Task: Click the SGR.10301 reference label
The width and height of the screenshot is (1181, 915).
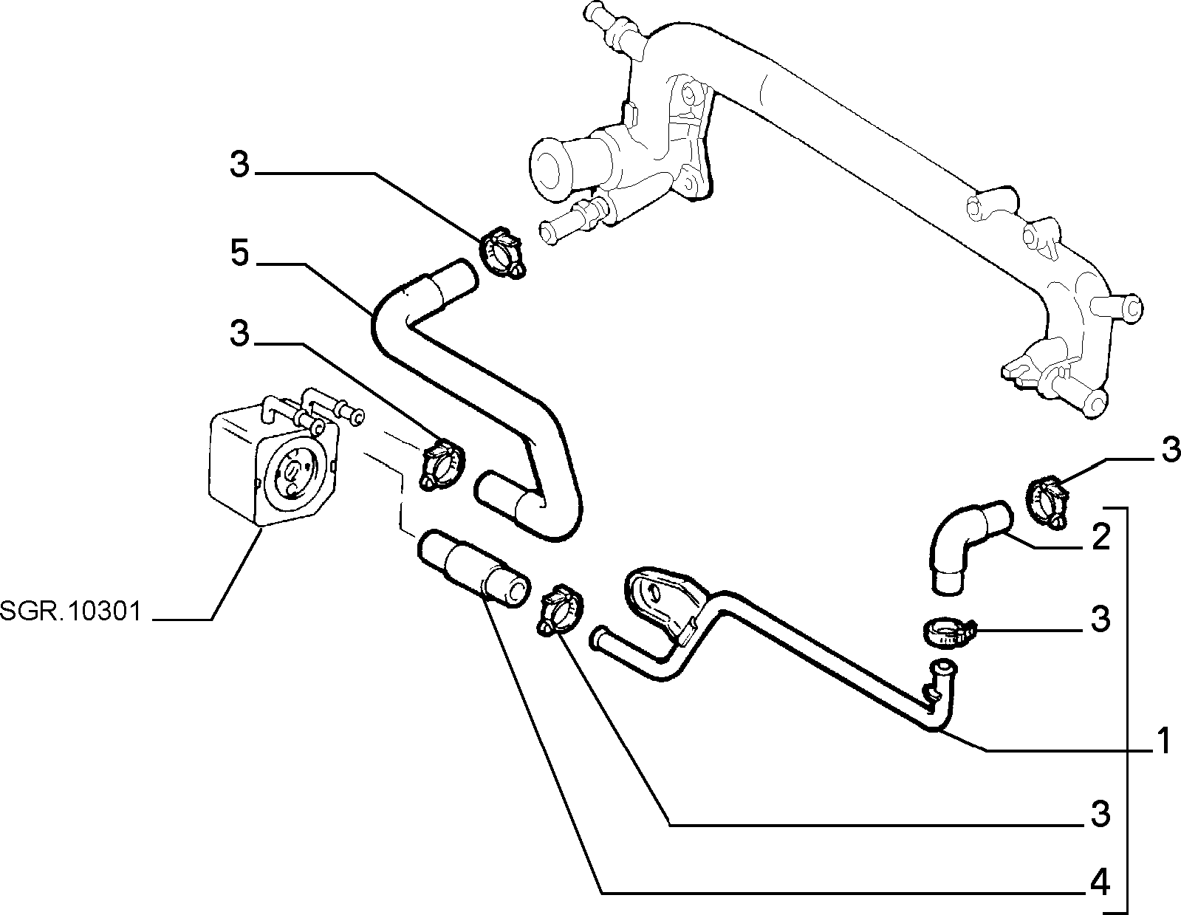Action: [71, 611]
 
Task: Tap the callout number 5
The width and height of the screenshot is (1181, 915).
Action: [240, 253]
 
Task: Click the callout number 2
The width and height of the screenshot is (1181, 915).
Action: [1100, 538]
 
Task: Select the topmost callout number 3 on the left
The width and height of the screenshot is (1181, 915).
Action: [240, 164]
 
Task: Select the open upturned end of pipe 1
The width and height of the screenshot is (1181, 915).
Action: [943, 666]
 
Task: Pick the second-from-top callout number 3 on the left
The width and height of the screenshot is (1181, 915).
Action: [240, 334]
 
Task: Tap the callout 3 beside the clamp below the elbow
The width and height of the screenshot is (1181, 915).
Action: [1100, 620]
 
